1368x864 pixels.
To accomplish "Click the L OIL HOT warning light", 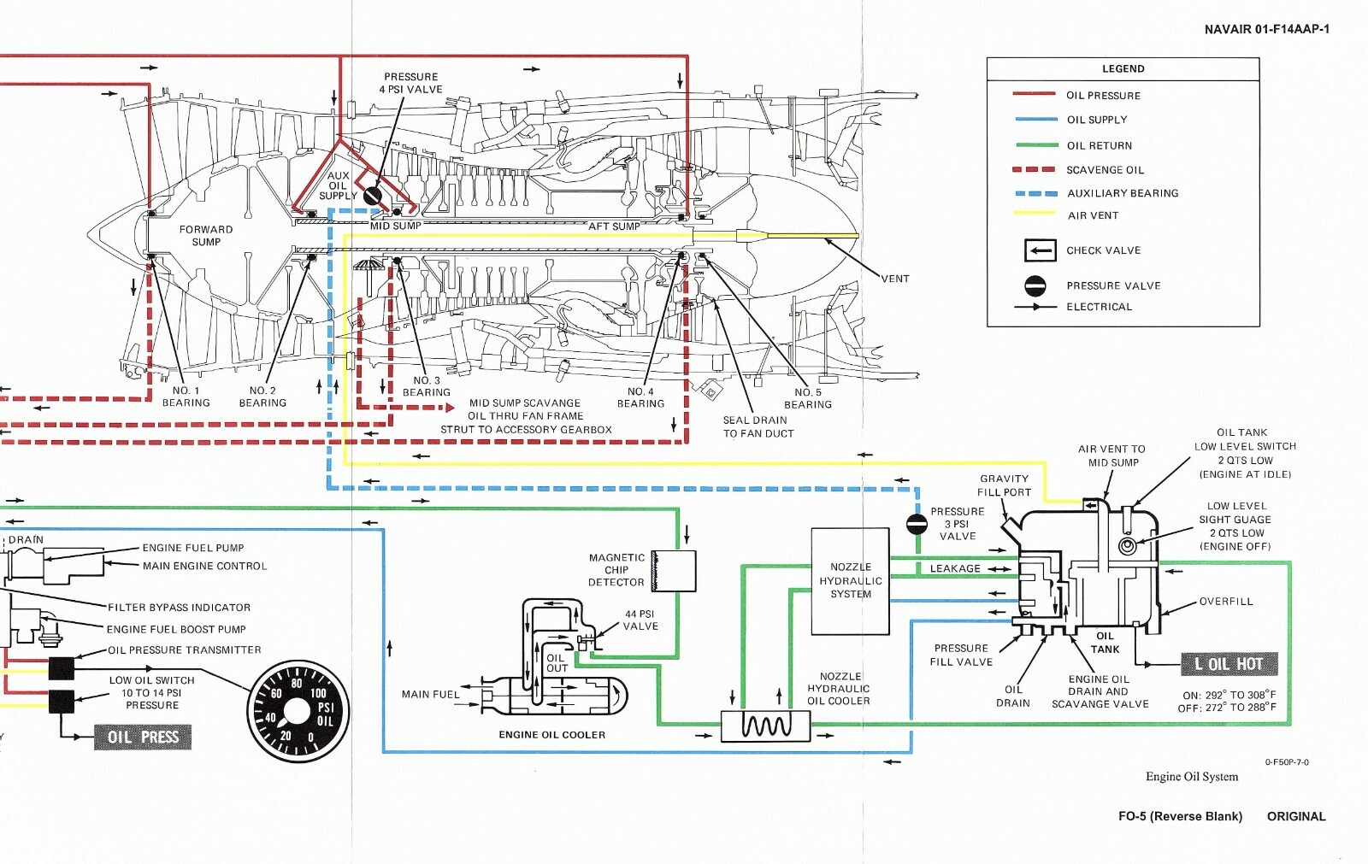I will pos(1229,664).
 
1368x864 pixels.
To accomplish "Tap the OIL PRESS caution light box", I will pos(143,737).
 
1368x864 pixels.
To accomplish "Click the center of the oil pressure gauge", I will pos(297,711).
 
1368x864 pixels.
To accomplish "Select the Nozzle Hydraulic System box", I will pos(850,581).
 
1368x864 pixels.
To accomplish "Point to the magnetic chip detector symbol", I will pos(674,571).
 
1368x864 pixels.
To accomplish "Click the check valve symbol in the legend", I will pos(1041,250).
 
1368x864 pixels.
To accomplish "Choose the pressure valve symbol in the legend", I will pos(1035,285).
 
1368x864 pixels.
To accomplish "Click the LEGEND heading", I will pos(1123,68).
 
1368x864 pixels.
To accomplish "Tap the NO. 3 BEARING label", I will pos(426,386).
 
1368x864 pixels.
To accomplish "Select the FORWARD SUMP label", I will pos(206,235).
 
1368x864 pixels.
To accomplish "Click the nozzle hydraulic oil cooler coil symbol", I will pos(765,726).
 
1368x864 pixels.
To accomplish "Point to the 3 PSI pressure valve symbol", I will pos(917,523).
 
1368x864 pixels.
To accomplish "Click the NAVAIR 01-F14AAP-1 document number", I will pos(1266,29).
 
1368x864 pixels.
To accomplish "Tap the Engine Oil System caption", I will pos(1191,776).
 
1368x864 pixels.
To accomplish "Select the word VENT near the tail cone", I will pos(895,279).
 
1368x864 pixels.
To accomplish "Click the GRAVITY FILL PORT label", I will pos(1004,485).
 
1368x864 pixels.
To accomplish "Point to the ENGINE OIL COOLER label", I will pos(551,734).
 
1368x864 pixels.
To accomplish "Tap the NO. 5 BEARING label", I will pos(807,398).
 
